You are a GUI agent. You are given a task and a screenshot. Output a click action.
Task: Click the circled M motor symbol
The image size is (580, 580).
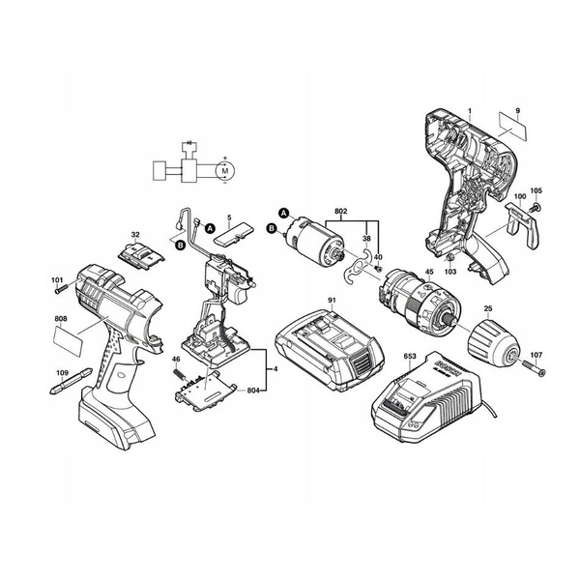[225, 170]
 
